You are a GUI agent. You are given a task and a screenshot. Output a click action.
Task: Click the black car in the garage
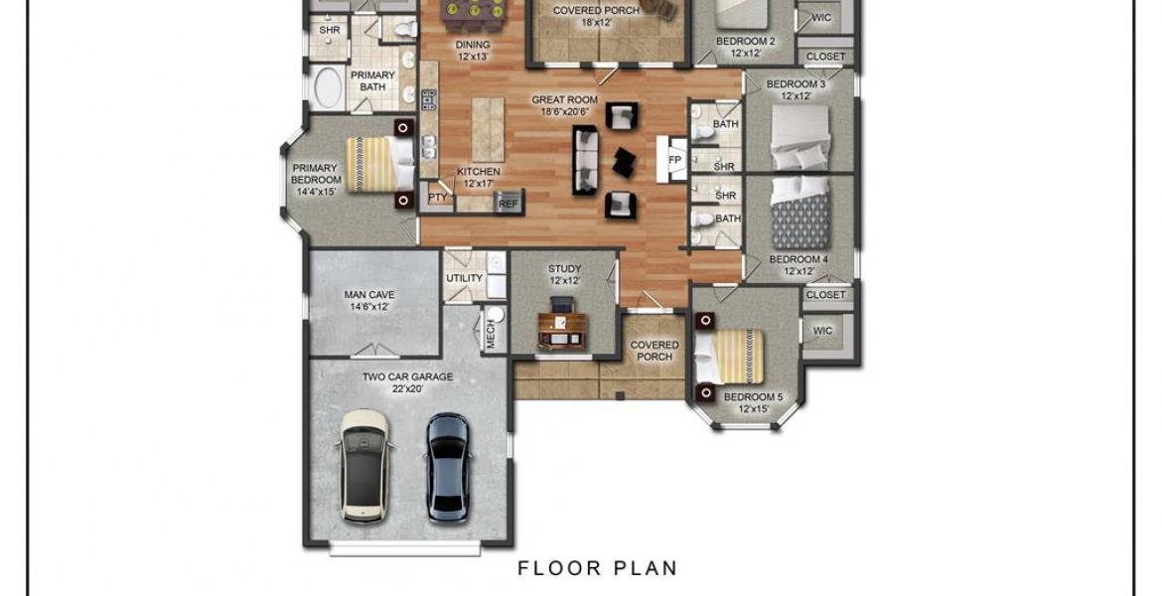(448, 466)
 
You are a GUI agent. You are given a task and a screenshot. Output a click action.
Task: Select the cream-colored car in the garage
(364, 466)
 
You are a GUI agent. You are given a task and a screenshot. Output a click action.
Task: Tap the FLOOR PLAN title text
(597, 568)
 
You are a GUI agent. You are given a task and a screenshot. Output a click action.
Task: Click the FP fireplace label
(674, 160)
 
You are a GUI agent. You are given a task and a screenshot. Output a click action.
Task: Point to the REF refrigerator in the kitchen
(508, 203)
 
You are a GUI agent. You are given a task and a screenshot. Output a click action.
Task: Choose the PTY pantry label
(438, 198)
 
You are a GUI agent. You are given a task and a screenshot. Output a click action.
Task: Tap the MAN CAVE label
(369, 295)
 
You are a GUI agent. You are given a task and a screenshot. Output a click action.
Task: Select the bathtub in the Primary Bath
(326, 88)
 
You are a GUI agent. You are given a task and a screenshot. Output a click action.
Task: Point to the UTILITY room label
(465, 278)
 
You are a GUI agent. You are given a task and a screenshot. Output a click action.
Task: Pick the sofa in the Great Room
(585, 160)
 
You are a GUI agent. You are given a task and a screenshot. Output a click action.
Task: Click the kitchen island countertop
(488, 130)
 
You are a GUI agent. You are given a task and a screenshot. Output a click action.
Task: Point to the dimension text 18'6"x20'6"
(564, 112)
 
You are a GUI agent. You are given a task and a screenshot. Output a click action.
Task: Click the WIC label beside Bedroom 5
(822, 331)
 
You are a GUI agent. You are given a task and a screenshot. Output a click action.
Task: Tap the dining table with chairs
(472, 10)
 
